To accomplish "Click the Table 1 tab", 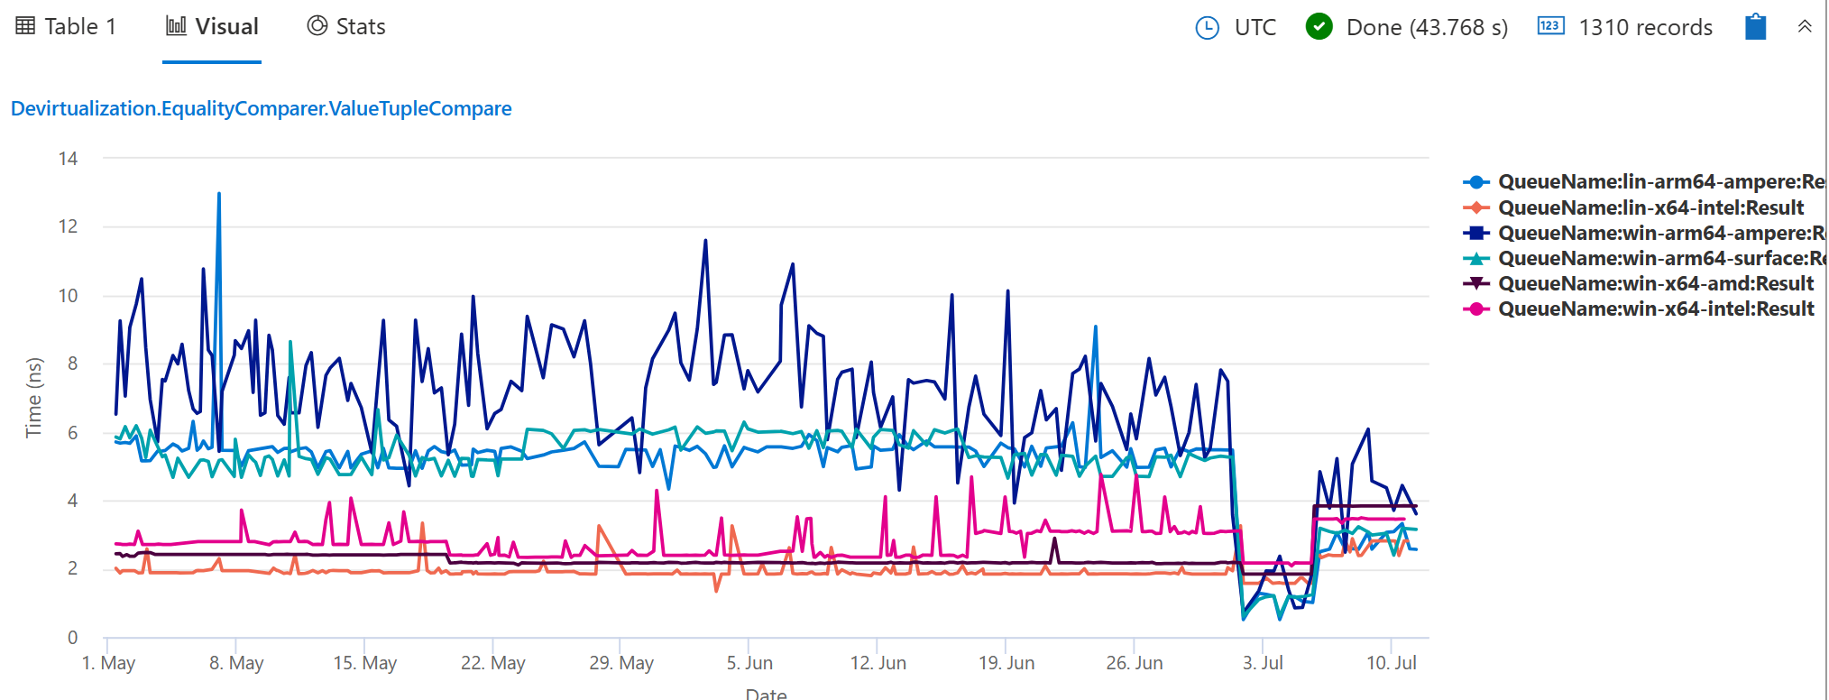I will [67, 27].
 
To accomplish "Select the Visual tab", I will [213, 27].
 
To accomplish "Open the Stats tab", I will [346, 27].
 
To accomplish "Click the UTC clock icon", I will [1207, 28].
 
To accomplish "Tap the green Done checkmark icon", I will [1319, 27].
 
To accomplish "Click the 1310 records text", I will [1645, 28].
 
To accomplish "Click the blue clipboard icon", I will [1755, 27].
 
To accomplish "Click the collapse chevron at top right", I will [1805, 26].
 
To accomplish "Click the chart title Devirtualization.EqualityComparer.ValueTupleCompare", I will [262, 108].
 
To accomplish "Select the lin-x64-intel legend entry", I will [1650, 207].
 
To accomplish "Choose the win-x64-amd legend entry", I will [1655, 283].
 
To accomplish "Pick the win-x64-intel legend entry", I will [1655, 309].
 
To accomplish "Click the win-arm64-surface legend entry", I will [1659, 258].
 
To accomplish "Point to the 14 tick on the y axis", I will [68, 159].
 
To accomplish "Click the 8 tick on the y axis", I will [72, 364].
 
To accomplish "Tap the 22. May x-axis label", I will [492, 663].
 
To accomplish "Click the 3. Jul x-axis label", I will [1263, 663].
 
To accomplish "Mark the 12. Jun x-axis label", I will [878, 663].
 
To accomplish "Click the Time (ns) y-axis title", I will [33, 397].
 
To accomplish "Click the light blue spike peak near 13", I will [218, 194].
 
